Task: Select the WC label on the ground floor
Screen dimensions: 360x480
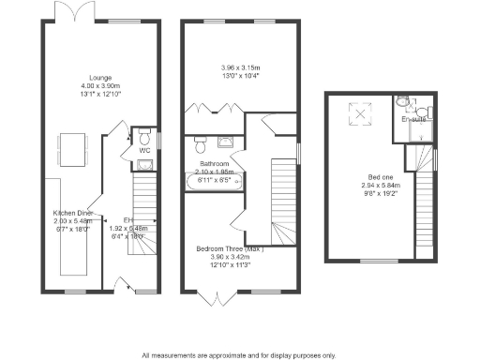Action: (144, 150)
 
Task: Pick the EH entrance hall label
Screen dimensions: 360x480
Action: (128, 220)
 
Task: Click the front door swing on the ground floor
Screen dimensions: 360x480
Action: (121, 284)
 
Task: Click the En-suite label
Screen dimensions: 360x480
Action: (412, 120)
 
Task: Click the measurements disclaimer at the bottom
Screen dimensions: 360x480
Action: (239, 354)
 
